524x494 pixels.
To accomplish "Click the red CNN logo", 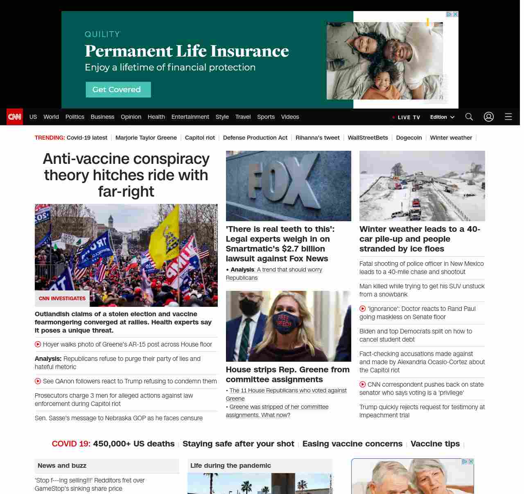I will (x=15, y=117).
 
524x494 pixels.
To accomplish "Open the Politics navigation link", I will (x=75, y=117).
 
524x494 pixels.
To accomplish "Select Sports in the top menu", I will (x=266, y=117).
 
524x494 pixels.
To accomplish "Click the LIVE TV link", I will (x=406, y=117).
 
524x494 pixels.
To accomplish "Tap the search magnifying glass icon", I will (x=469, y=117).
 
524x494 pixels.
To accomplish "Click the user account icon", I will (x=488, y=117).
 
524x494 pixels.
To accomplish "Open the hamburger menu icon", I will (x=508, y=117).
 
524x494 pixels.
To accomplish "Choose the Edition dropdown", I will (x=442, y=117).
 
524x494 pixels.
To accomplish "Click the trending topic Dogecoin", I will (x=409, y=138).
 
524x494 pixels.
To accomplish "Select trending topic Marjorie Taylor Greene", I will (x=146, y=138).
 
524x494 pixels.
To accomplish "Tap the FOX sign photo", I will (x=288, y=186).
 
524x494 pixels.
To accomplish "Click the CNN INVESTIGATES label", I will (x=62, y=299).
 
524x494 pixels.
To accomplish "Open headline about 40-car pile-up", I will (x=420, y=239).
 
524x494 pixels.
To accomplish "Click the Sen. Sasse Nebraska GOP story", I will (x=118, y=418).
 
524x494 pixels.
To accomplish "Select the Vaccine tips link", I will (x=435, y=444).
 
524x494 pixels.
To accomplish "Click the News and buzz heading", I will (x=62, y=465).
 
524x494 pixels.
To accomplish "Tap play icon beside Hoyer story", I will (x=38, y=344).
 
